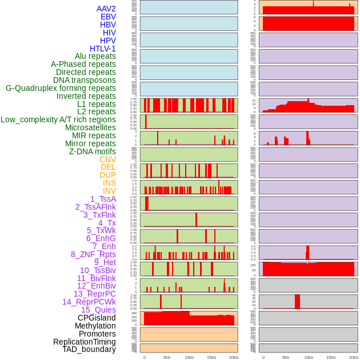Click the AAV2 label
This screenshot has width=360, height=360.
[x=106, y=9]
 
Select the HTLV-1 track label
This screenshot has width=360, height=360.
[x=103, y=49]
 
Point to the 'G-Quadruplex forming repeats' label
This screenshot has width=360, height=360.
[x=61, y=89]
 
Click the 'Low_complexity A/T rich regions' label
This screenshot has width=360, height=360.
[x=58, y=120]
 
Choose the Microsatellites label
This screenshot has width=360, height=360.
[x=90, y=128]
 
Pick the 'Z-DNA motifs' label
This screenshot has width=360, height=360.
[x=93, y=151]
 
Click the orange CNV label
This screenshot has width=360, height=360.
[x=107, y=159]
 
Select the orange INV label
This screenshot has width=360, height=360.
[x=109, y=191]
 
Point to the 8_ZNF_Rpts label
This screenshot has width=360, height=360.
[x=93, y=254]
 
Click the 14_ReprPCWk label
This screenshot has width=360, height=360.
[x=89, y=302]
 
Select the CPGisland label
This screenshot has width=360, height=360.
[x=97, y=318]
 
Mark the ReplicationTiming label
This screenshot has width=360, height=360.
[x=85, y=342]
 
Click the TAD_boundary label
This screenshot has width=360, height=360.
[x=89, y=349]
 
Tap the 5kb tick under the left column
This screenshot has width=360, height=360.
[x=167, y=357]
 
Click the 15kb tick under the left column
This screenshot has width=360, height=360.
[x=211, y=357]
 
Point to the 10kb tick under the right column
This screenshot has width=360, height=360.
[x=309, y=357]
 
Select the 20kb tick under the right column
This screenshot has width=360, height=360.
[x=353, y=357]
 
